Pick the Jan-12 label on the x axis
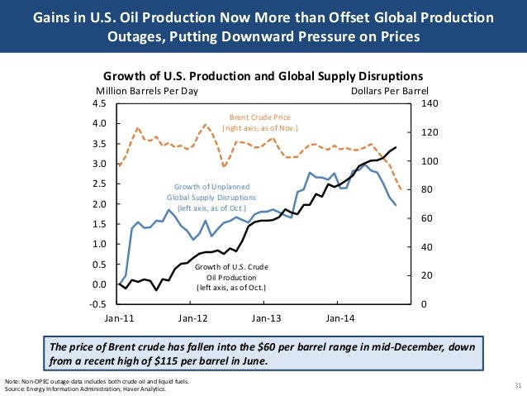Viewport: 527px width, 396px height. pos(193,317)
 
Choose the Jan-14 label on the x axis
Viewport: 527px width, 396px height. pos(339,317)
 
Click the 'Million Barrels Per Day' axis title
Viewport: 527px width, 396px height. pos(147,91)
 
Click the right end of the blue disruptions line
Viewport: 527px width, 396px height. pos(396,205)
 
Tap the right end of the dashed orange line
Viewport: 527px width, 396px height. pos(401,189)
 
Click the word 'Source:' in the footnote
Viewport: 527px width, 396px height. pos(15,389)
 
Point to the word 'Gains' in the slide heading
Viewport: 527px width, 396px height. pos(62,17)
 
